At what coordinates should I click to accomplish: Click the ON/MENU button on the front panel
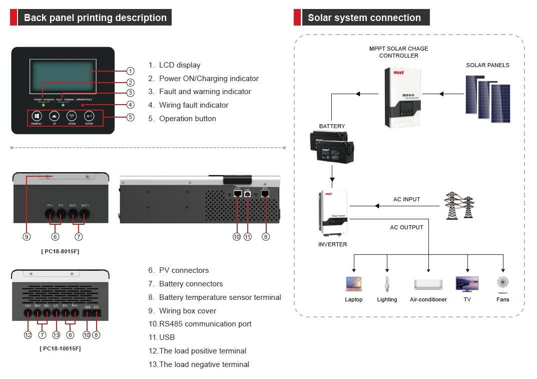coord(37,116)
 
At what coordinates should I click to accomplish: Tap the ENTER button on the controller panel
coord(89,116)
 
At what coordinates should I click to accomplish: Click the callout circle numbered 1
coord(130,71)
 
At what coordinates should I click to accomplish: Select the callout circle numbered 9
coord(27,236)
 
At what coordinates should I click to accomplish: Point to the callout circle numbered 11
coord(247,236)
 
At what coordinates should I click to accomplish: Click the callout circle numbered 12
coord(28,334)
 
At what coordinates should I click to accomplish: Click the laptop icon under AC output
coord(353,284)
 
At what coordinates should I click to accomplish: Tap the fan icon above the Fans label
coord(502,284)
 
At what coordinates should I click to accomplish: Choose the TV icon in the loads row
coord(467,284)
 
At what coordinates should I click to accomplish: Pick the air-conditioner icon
coord(428,284)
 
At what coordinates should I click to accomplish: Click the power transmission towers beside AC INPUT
coord(459,205)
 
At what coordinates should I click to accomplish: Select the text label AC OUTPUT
coord(406,227)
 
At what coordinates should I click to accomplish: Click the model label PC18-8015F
coord(60,251)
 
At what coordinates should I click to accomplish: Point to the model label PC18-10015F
coord(60,348)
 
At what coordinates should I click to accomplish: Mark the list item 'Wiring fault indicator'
coord(193,105)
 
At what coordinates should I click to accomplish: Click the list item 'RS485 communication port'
coord(205,324)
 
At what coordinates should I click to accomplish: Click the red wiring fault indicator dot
coord(83,105)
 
